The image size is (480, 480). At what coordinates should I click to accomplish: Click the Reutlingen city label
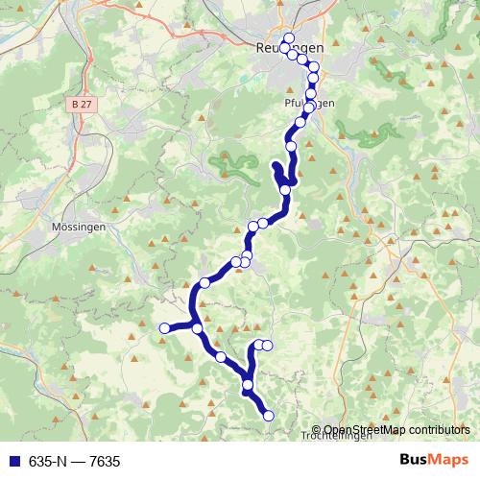[290, 47]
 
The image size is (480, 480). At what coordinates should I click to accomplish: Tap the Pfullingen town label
[308, 104]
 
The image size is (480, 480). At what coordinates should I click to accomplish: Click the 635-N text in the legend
[47, 462]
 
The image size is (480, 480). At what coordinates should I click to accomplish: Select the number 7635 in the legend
[105, 462]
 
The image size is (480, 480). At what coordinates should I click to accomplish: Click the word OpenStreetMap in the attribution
[366, 429]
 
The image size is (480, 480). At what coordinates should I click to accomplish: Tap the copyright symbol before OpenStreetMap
[318, 429]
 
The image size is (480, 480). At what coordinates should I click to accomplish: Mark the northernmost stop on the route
[289, 38]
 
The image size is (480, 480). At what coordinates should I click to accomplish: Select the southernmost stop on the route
[269, 416]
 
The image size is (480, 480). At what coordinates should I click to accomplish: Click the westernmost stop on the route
[164, 328]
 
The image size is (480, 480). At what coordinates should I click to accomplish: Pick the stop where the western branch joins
[197, 328]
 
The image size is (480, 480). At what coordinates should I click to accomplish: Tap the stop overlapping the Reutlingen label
[285, 48]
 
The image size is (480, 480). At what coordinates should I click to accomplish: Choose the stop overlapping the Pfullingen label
[309, 106]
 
